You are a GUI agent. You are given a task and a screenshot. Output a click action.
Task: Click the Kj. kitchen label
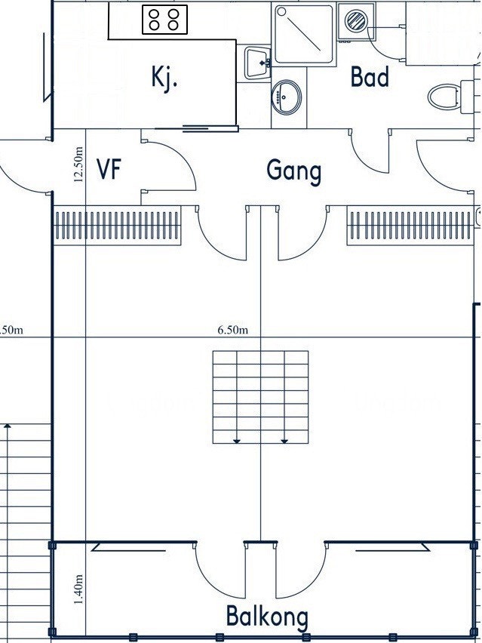click(164, 78)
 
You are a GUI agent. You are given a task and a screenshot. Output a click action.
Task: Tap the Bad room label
click(370, 77)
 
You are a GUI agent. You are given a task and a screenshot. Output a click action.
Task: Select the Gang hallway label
click(294, 171)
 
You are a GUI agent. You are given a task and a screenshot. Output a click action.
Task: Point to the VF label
click(109, 169)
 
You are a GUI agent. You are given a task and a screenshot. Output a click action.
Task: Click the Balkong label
click(267, 617)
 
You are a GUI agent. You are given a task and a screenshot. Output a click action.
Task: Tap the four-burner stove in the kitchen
click(164, 20)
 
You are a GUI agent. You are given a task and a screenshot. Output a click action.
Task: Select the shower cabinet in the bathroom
click(304, 35)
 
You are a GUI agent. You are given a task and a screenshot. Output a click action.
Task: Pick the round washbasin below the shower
click(286, 97)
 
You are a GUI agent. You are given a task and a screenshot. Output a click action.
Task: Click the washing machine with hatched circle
click(356, 21)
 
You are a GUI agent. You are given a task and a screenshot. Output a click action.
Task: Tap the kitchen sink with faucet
click(258, 63)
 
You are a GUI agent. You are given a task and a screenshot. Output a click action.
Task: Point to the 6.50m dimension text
click(233, 330)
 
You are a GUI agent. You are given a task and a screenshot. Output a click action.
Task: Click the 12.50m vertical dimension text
click(78, 164)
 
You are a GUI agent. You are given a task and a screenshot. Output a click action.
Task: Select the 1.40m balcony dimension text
click(78, 589)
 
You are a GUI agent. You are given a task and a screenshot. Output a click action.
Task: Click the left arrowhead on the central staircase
click(237, 441)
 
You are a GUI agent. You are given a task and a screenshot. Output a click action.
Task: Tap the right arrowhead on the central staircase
click(284, 441)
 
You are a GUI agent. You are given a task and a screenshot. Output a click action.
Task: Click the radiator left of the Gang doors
click(118, 226)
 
